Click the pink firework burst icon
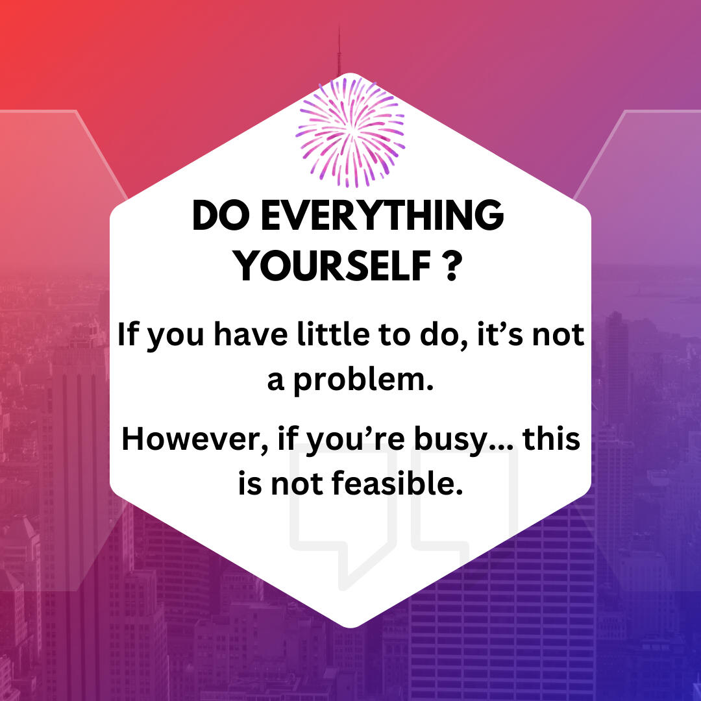(350, 132)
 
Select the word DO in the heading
(221, 215)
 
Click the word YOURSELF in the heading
(332, 266)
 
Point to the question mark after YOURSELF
(452, 266)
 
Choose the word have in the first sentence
(251, 334)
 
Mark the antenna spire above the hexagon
(339, 51)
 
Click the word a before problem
(276, 382)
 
